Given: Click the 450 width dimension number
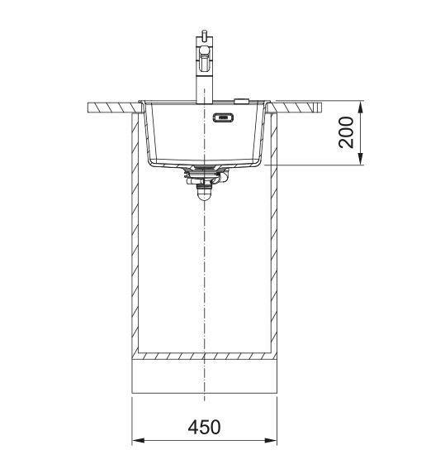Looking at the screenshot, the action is tap(204, 427).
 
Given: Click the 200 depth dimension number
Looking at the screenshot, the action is tap(346, 132).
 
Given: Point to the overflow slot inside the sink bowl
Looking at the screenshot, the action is tap(224, 117).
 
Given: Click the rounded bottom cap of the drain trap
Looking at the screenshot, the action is tap(204, 195).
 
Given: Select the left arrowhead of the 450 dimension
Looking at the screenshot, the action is tap(138, 440).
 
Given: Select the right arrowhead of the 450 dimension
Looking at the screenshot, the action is tap(271, 440).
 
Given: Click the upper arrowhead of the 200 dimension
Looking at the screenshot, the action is tap(360, 107).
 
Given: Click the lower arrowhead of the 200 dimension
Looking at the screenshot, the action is tap(360, 159).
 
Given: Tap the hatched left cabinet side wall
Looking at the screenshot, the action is tap(135, 233).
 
